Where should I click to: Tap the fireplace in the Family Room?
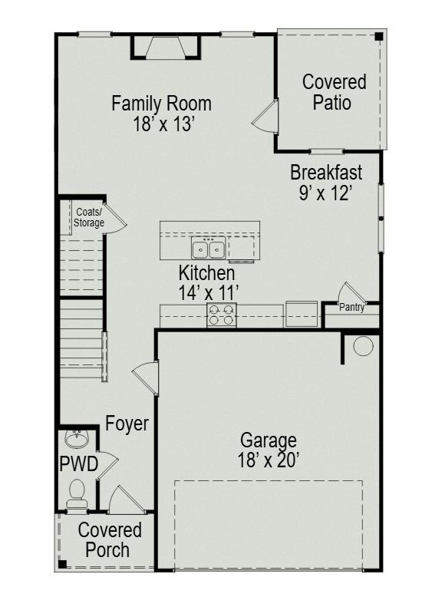pyautogui.click(x=165, y=48)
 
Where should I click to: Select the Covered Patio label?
pyautogui.click(x=334, y=93)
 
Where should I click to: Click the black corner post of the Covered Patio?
pyautogui.click(x=378, y=37)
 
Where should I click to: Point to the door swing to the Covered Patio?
pyautogui.click(x=265, y=117)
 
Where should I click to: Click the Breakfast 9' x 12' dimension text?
pyautogui.click(x=325, y=193)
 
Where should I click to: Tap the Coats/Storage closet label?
pyautogui.click(x=89, y=217)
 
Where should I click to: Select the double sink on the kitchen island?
pyautogui.click(x=209, y=248)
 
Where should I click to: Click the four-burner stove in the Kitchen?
pyautogui.click(x=222, y=315)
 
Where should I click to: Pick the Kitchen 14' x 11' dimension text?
pyautogui.click(x=209, y=293)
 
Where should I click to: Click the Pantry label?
pyautogui.click(x=351, y=307)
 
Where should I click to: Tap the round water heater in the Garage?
pyautogui.click(x=363, y=346)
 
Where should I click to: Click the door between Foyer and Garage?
pyautogui.click(x=146, y=378)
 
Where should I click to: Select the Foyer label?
pyautogui.click(x=127, y=424)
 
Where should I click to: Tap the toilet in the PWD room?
pyautogui.click(x=77, y=493)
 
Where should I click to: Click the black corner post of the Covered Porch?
pyautogui.click(x=63, y=563)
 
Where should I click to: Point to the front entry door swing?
pyautogui.click(x=127, y=500)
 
